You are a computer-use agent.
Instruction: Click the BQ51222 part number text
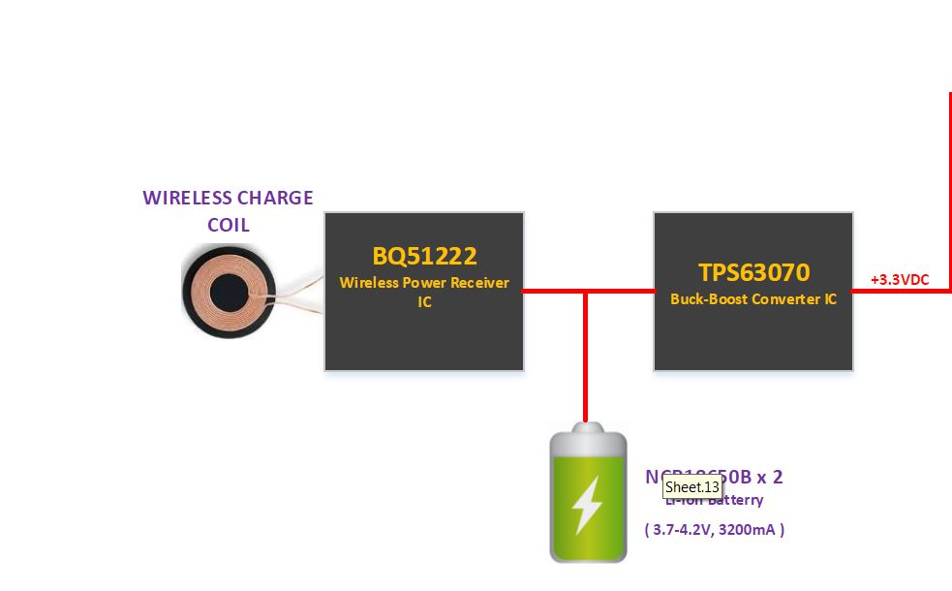click(x=424, y=257)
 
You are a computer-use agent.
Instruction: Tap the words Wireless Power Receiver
click(x=424, y=283)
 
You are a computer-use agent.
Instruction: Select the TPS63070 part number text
click(x=753, y=272)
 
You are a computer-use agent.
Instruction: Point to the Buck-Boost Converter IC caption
click(x=753, y=299)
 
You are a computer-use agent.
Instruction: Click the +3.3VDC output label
click(x=899, y=280)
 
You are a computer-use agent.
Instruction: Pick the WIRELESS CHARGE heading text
click(x=229, y=199)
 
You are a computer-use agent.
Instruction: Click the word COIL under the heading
click(x=229, y=225)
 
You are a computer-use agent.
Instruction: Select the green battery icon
click(x=587, y=494)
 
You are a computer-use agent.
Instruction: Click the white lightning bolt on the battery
click(x=586, y=504)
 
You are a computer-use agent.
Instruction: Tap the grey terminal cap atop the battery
click(x=586, y=428)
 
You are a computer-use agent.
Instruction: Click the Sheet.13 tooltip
click(x=691, y=487)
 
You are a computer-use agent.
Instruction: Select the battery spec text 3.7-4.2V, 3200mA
click(x=714, y=530)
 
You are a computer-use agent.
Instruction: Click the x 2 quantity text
click(x=769, y=477)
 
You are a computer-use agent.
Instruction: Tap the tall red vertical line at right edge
click(x=950, y=194)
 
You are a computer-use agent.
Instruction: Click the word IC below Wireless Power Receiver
click(x=424, y=302)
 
